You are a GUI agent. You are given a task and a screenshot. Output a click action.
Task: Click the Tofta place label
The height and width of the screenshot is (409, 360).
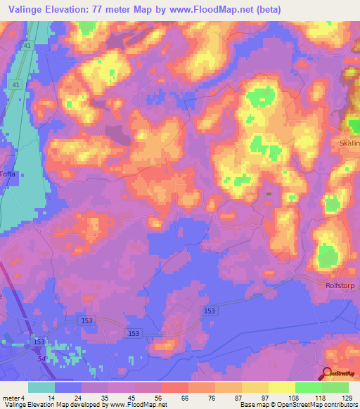[x=7, y=176]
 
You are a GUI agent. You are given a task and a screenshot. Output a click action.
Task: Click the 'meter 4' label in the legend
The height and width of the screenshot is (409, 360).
[x=14, y=398]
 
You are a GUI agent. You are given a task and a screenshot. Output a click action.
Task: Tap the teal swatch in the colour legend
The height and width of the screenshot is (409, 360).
[x=41, y=387]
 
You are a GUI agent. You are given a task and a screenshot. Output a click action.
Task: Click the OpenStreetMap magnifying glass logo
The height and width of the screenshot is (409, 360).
[x=328, y=375]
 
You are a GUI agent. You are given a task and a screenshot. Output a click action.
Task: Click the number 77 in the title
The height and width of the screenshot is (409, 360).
[x=103, y=10]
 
